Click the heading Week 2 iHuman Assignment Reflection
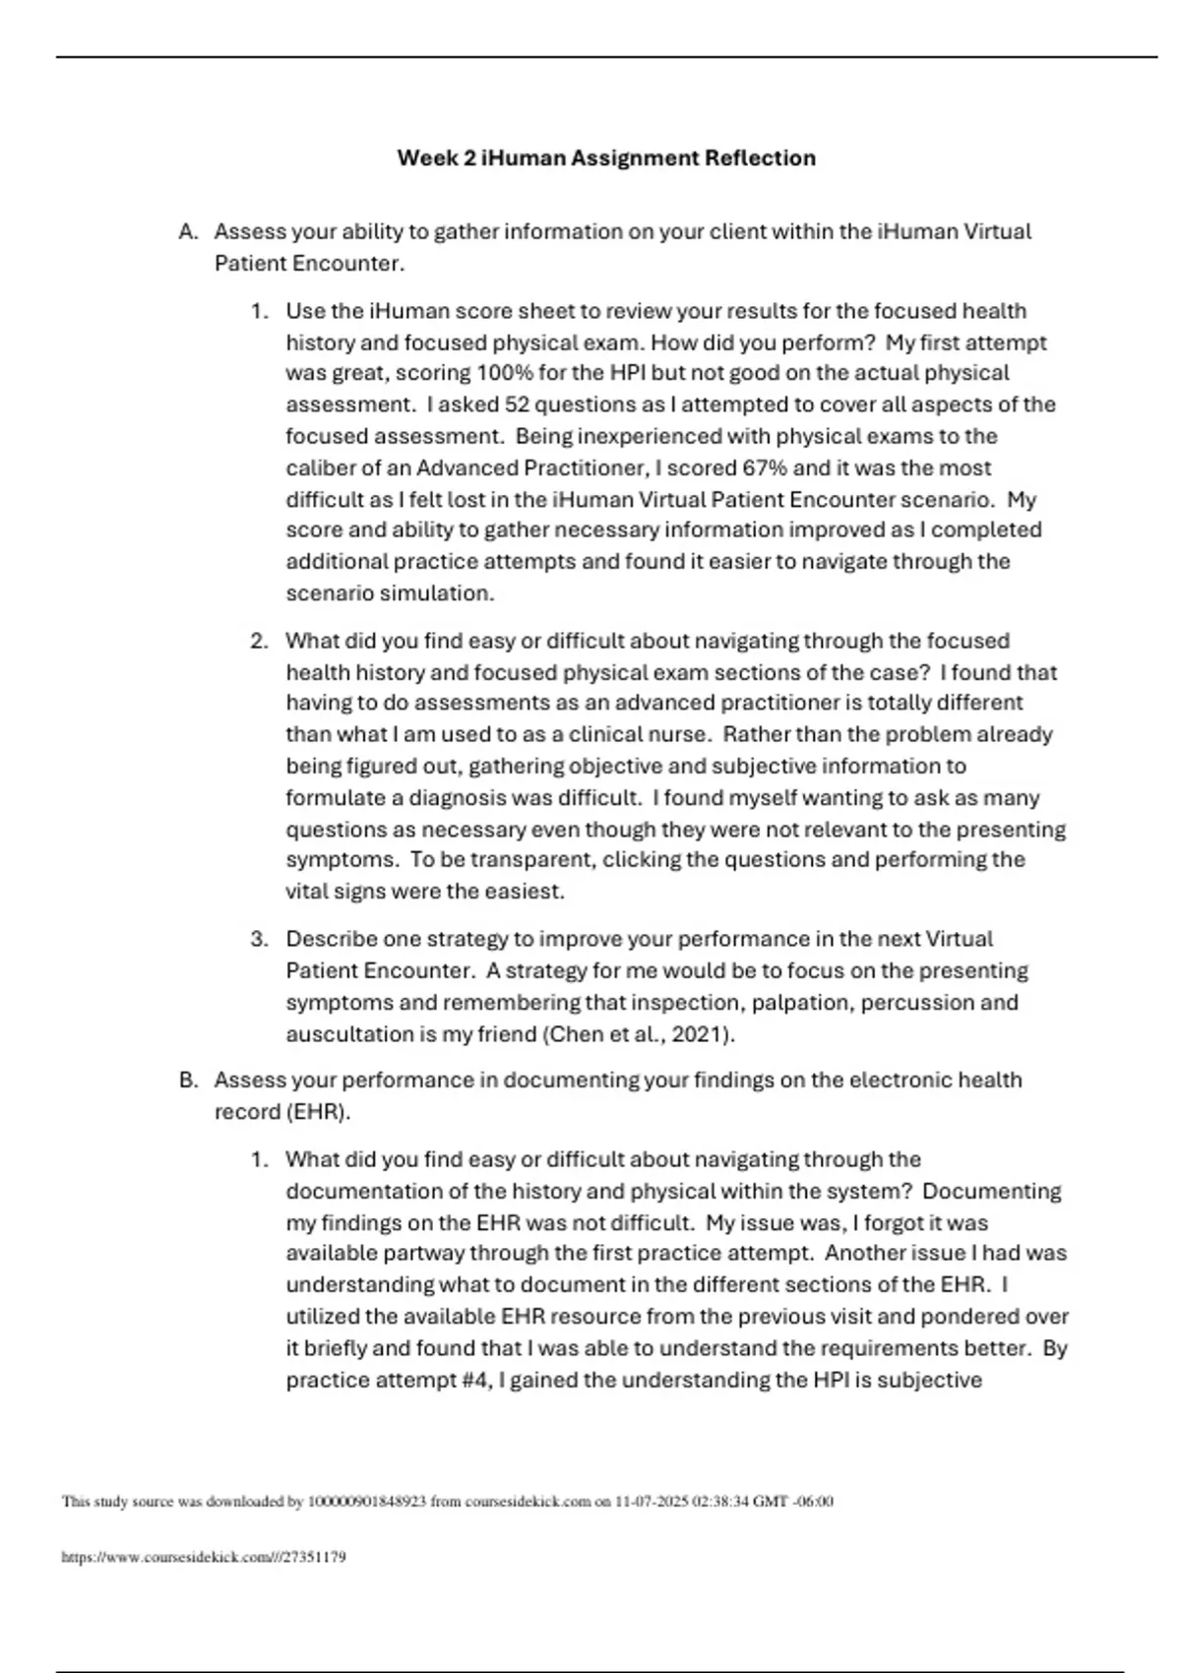coord(606,157)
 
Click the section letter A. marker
coord(189,232)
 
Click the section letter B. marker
coord(189,1081)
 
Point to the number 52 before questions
coord(517,404)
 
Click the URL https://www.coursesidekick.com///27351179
coord(204,1558)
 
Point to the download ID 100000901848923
coord(367,1502)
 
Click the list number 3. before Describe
coord(259,939)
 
